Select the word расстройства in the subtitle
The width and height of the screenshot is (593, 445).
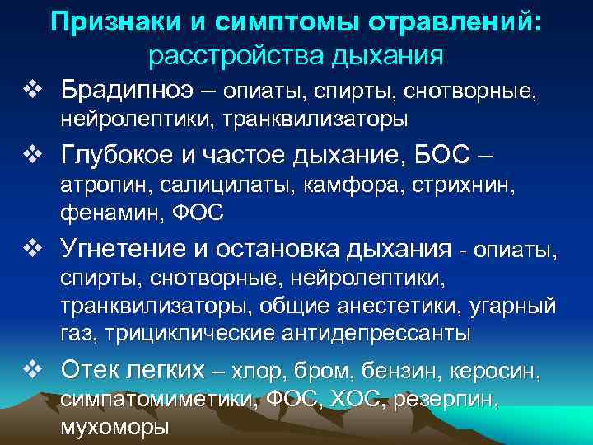222,55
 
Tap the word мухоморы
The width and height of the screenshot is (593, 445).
114,428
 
